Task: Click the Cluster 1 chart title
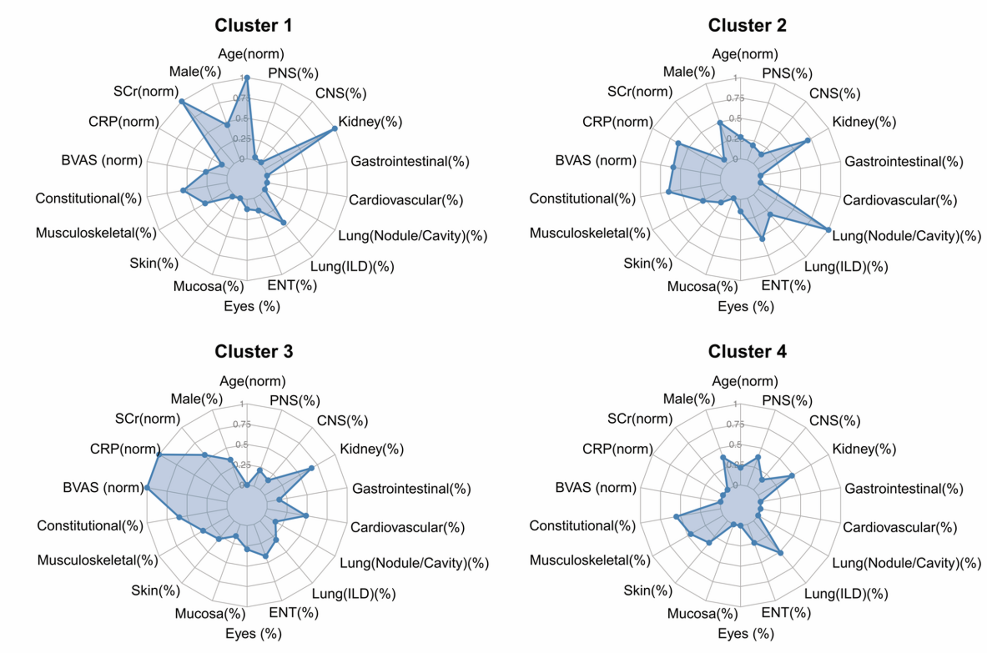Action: point(253,25)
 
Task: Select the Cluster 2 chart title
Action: point(747,25)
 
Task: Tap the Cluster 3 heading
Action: point(253,352)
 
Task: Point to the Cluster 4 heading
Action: point(747,352)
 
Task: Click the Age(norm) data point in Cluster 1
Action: point(247,77)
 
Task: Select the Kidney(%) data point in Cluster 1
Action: point(335,129)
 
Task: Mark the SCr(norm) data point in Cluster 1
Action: point(181,101)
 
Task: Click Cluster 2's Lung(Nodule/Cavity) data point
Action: point(829,230)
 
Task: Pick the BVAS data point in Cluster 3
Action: point(147,488)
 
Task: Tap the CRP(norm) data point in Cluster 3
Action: point(159,454)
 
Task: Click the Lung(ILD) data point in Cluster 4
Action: point(781,553)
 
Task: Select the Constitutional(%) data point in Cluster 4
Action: point(676,517)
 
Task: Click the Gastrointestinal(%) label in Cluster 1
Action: point(410,161)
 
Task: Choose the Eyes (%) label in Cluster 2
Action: point(746,306)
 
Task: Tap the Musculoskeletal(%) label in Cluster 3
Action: point(97,560)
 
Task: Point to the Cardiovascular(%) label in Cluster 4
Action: point(900,527)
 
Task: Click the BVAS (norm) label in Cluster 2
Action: point(596,160)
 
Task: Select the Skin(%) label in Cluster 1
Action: point(154,263)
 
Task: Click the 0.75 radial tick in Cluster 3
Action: point(241,424)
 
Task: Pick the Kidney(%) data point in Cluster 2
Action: point(807,141)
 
